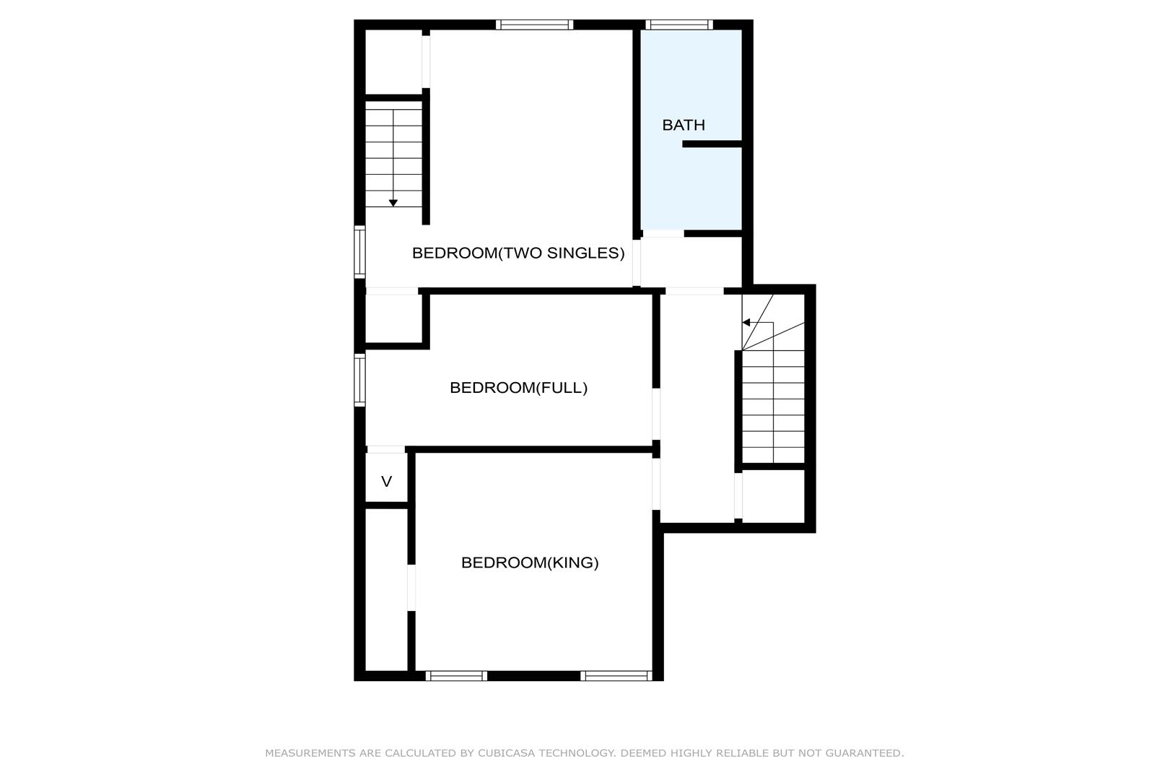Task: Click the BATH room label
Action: [x=684, y=125]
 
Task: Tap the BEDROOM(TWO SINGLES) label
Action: [x=518, y=253]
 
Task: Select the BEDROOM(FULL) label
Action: [x=518, y=387]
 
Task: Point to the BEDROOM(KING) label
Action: [x=530, y=563]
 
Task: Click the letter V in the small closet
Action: [x=387, y=482]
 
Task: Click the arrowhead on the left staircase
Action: [x=393, y=203]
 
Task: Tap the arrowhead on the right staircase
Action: [x=746, y=322]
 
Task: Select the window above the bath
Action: [x=679, y=25]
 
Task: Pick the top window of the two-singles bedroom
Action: [x=534, y=25]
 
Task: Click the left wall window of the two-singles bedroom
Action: [x=359, y=252]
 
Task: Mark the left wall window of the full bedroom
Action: [x=359, y=380]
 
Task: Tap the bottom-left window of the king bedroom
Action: [x=456, y=675]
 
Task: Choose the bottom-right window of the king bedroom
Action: [x=616, y=675]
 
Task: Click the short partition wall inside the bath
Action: [x=712, y=144]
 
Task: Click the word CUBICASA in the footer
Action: [x=506, y=753]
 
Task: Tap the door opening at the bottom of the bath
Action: [x=663, y=234]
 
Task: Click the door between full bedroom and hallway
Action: [x=656, y=414]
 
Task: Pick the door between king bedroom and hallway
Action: [x=656, y=484]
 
